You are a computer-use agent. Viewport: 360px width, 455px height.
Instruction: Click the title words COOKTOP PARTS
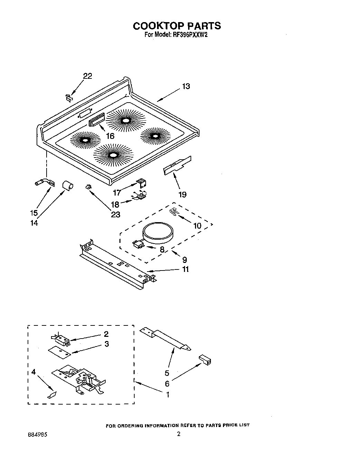click(x=177, y=26)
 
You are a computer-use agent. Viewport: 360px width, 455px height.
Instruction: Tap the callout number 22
click(x=88, y=76)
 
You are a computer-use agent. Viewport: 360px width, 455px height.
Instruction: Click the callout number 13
click(x=186, y=86)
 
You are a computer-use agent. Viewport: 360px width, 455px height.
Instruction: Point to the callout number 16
click(x=110, y=136)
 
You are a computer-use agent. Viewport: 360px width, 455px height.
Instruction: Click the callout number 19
click(x=182, y=195)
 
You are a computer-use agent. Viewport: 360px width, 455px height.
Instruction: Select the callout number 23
click(x=115, y=215)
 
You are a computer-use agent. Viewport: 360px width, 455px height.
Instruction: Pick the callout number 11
click(x=185, y=269)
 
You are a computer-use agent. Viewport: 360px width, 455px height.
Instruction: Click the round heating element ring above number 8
click(x=159, y=231)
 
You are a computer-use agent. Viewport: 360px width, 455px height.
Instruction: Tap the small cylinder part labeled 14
click(x=67, y=185)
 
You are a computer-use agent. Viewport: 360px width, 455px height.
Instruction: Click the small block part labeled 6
click(x=205, y=360)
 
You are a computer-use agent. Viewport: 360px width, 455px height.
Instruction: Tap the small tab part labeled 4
click(x=52, y=395)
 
